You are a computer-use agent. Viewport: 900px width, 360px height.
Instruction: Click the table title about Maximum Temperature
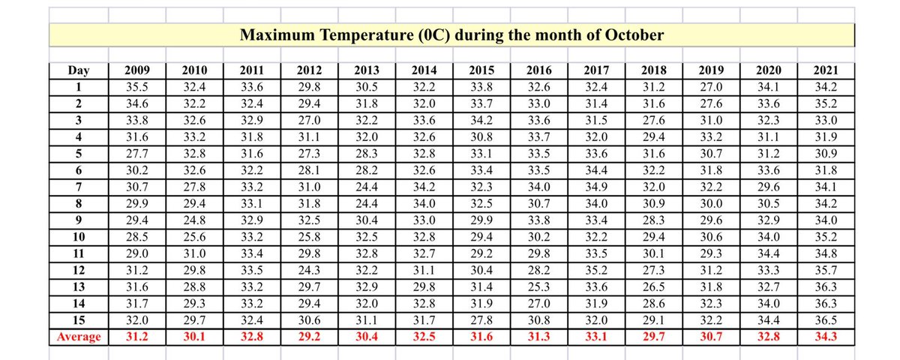[451, 35]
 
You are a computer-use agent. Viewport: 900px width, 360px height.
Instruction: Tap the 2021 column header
[825, 71]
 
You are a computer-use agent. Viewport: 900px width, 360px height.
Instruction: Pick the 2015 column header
[480, 71]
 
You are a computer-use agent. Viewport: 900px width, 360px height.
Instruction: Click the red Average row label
[79, 337]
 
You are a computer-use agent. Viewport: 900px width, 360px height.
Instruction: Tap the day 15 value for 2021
[825, 322]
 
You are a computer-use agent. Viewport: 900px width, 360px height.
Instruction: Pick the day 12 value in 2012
[309, 271]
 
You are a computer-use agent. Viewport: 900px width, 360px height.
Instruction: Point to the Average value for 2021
[825, 337]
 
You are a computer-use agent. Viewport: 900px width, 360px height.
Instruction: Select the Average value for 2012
[309, 337]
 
